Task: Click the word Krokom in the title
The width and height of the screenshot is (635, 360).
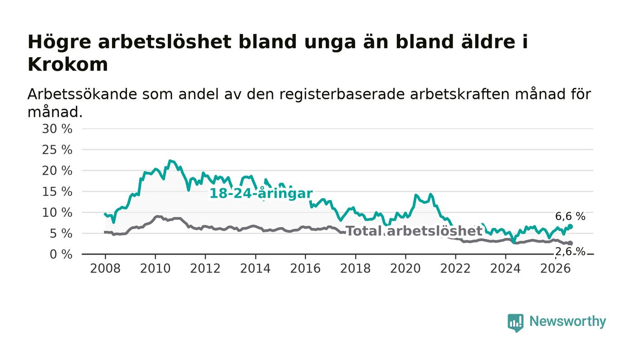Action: [x=68, y=64]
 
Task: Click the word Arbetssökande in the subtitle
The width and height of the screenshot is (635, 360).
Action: [x=82, y=94]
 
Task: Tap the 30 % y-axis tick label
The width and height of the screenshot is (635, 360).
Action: [x=57, y=129]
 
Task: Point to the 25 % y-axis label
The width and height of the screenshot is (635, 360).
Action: [x=57, y=150]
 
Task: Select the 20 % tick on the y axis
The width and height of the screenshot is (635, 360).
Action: [x=57, y=170]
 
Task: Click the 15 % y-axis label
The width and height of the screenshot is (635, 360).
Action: [x=57, y=192]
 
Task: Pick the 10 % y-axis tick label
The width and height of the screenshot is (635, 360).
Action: [x=57, y=213]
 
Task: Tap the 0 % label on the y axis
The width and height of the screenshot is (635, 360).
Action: [x=61, y=254]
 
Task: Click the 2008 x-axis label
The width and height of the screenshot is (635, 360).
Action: [x=105, y=268]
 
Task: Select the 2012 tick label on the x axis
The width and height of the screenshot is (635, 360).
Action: [x=205, y=268]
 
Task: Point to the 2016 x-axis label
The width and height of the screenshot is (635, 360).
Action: [x=305, y=268]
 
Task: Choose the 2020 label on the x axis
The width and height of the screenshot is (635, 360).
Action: [x=405, y=268]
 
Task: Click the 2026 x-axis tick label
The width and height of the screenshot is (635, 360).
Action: [x=555, y=268]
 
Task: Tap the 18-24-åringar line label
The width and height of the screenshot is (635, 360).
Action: [x=261, y=194]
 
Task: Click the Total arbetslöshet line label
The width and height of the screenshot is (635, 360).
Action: [x=414, y=231]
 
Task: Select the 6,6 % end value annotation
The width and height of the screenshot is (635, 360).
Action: [x=570, y=216]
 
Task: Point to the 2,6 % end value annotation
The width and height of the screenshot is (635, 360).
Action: [x=570, y=252]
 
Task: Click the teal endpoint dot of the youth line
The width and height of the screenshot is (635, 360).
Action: [x=571, y=227]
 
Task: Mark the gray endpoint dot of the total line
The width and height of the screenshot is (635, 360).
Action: [x=571, y=243]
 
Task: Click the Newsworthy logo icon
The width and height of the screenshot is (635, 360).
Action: [x=516, y=323]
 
